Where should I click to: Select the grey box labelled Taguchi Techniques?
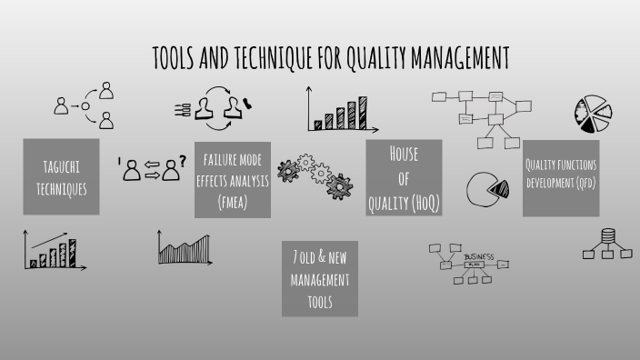(61, 177)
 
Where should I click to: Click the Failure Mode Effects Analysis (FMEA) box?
(233, 177)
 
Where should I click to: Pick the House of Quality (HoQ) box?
(404, 177)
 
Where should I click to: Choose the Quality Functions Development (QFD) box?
(561, 177)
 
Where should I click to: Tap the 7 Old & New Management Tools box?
(319, 278)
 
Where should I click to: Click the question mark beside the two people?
(183, 161)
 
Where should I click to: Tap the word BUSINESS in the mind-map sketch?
(478, 257)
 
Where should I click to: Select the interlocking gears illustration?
(315, 173)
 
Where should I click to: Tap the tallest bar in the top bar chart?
(361, 112)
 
